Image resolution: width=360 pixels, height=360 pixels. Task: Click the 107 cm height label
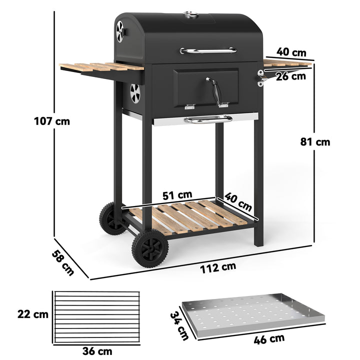pyautogui.click(x=52, y=121)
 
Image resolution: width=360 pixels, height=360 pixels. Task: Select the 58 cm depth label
pyautogui.click(x=62, y=262)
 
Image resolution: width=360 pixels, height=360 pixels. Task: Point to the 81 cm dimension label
pyautogui.click(x=315, y=142)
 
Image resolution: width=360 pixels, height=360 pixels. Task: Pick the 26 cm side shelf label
pyautogui.click(x=290, y=76)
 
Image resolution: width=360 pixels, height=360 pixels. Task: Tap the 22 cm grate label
pyautogui.click(x=32, y=314)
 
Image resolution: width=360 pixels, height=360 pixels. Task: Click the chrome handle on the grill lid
pyautogui.click(x=208, y=50)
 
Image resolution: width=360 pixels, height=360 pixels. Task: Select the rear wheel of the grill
pyautogui.click(x=111, y=218)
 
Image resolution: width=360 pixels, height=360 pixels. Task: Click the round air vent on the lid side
pyautogui.click(x=120, y=31)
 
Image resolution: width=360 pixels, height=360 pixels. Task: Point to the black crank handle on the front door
pyautogui.click(x=214, y=91)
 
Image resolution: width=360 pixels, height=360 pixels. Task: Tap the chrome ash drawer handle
pyautogui.click(x=208, y=119)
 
